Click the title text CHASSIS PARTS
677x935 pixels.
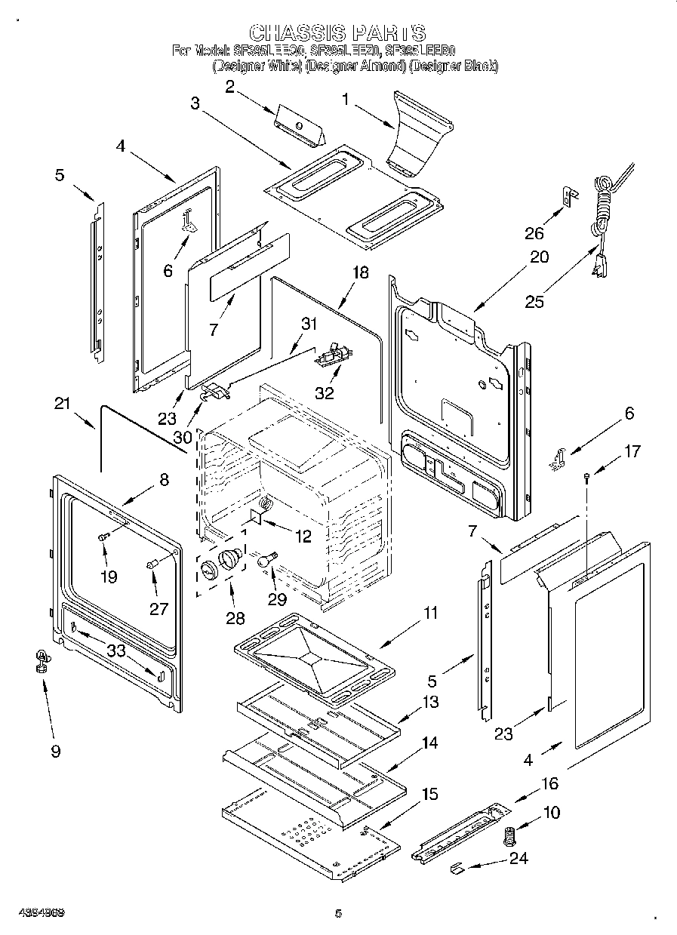pos(337,32)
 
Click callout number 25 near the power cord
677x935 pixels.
pos(534,301)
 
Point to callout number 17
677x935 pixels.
pos(632,451)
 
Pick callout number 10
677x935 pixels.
pos(552,814)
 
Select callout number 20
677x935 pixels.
pos(539,257)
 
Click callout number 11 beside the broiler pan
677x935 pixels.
pos(429,613)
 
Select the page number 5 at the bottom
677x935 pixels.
pos(338,913)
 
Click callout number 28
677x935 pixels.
pos(235,618)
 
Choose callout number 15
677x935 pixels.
pos(429,794)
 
